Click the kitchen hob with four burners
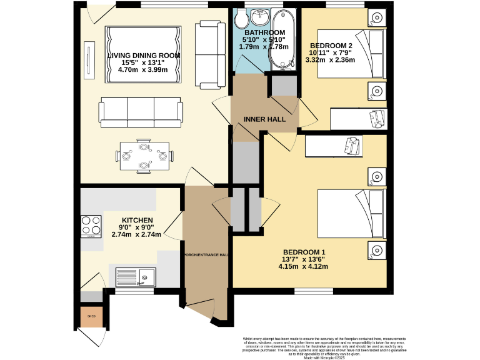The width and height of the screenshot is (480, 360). click(91, 226)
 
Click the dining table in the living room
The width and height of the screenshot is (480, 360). click(144, 156)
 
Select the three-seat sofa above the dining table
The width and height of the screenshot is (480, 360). click(141, 112)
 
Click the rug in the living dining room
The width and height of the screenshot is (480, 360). click(144, 55)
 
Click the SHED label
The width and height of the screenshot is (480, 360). click(91, 317)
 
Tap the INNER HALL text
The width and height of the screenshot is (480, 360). click(265, 119)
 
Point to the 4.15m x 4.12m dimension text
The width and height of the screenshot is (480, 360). click(303, 267)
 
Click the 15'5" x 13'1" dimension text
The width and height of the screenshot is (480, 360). click(143, 63)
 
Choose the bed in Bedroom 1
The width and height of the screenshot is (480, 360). click(352, 214)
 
